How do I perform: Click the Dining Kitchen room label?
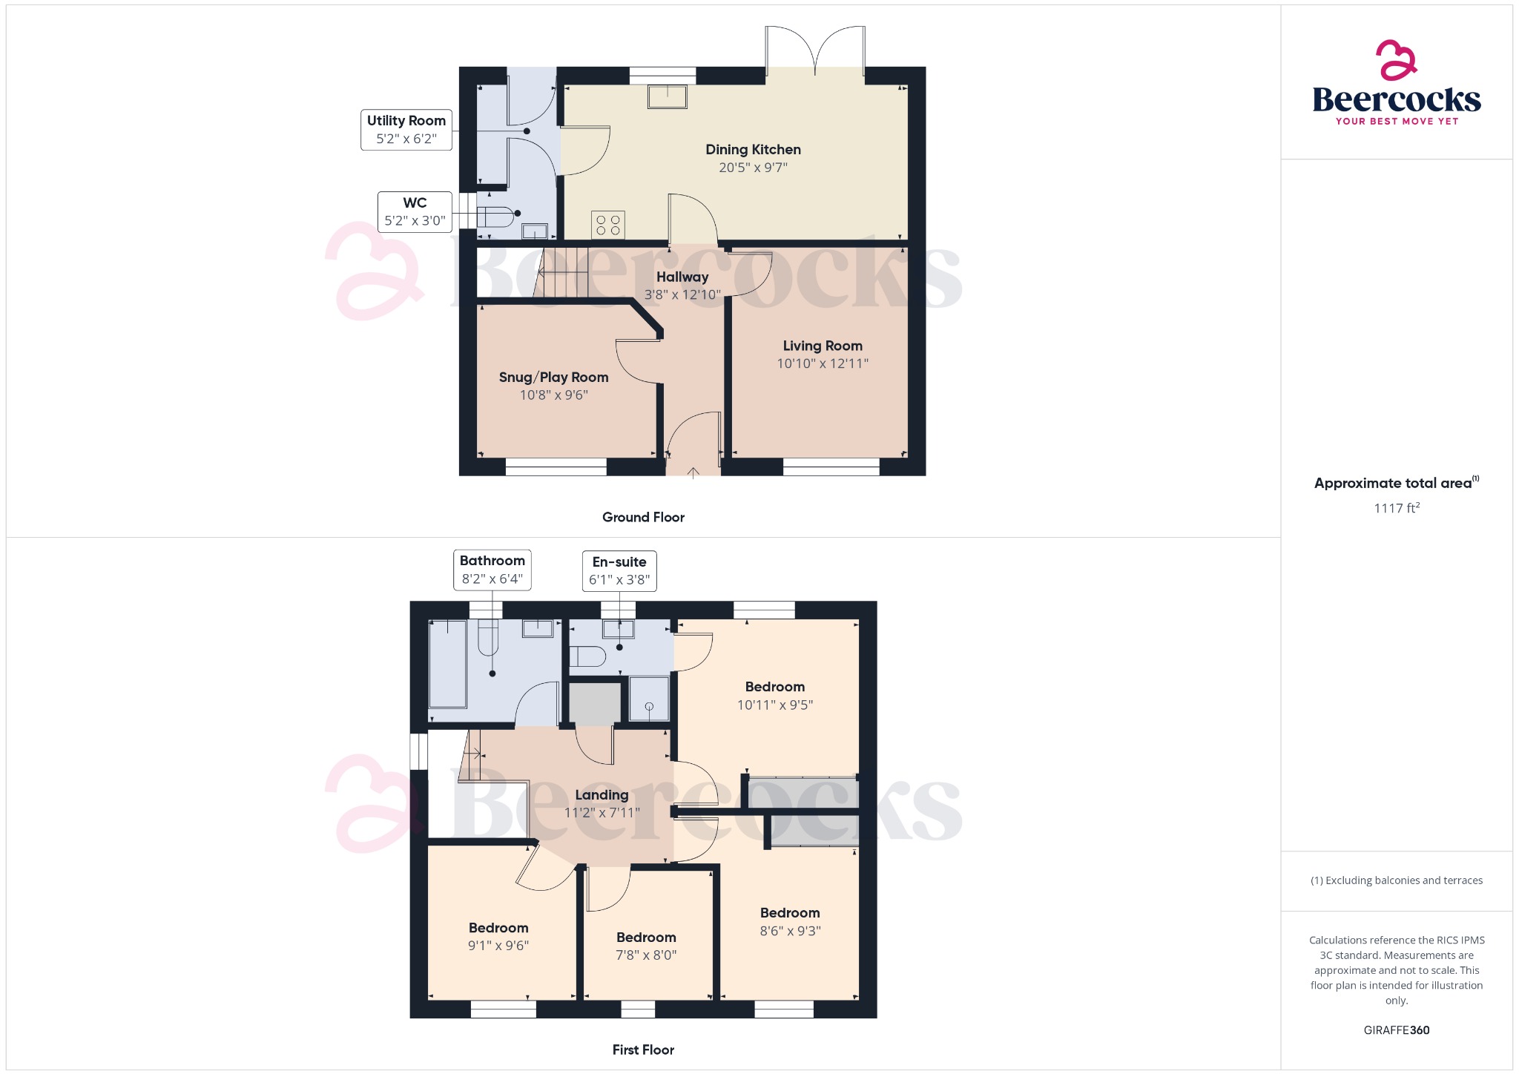753,150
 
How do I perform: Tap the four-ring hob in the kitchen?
608,225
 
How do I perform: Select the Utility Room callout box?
406,130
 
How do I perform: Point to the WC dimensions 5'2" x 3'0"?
415,221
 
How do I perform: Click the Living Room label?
823,346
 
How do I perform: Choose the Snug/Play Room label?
553,378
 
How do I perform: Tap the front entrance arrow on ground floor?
693,472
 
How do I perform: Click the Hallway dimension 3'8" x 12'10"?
682,295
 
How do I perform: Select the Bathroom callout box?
492,570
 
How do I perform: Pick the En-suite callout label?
619,562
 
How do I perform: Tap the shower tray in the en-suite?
649,699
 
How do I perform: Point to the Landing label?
602,795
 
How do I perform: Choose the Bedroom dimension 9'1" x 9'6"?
498,946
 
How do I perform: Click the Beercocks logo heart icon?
1396,61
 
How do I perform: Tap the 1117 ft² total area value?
1397,508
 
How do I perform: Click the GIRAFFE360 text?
1397,1030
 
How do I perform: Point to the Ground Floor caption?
643,518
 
